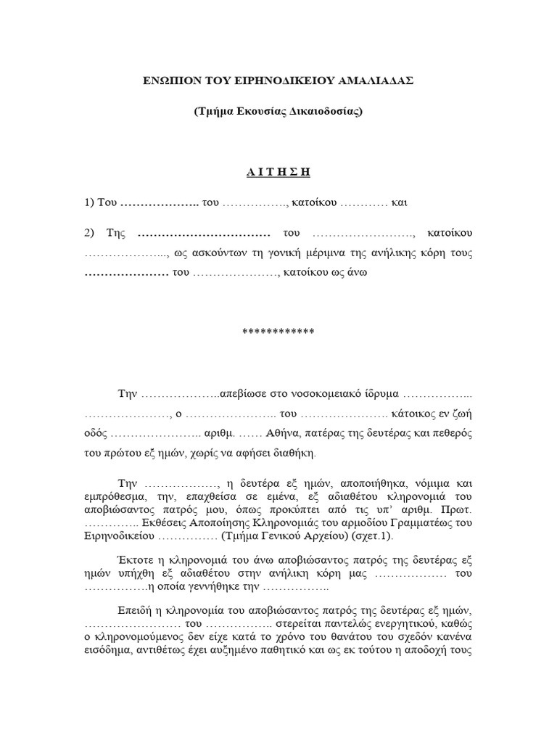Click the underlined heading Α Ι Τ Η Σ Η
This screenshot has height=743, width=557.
pyautogui.click(x=278, y=172)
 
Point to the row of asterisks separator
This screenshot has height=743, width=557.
pyautogui.click(x=278, y=332)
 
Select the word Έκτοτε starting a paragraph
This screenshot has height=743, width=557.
pyautogui.click(x=135, y=560)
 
